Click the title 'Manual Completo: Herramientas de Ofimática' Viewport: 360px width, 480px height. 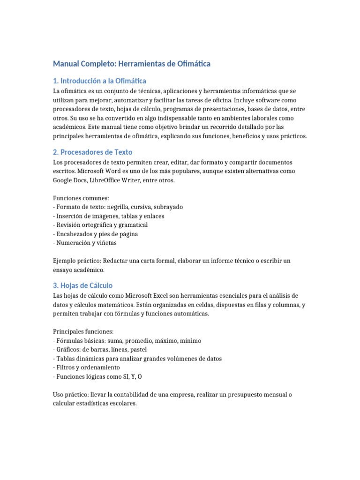tap(132, 63)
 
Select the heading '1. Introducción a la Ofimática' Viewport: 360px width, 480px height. tap(99, 81)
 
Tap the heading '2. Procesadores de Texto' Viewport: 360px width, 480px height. tap(93, 152)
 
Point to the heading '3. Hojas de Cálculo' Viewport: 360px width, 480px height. tap(82, 285)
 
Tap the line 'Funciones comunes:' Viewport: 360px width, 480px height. tap(81, 198)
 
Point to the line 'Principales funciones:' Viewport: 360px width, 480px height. tap(83, 331)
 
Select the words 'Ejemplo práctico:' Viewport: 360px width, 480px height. tap(77, 261)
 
